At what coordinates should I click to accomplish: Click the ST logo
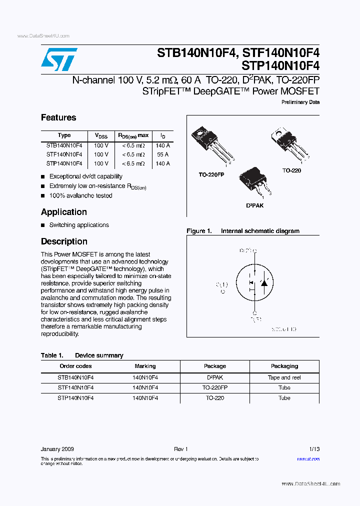coord(59,60)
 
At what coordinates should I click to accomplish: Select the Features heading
coord(58,117)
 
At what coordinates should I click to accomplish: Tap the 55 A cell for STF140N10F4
coord(162,154)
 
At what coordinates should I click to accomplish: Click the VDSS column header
coord(101,136)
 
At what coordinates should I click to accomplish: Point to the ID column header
coord(162,136)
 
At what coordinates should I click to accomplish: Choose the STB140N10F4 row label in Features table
coord(64,145)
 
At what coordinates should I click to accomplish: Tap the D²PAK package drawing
coord(253,182)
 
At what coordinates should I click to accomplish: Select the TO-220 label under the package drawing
coord(291,170)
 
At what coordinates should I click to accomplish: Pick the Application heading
coord(64,212)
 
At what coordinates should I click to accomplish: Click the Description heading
coord(64,241)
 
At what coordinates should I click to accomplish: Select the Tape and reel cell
coord(284,378)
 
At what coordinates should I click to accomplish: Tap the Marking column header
coord(145,366)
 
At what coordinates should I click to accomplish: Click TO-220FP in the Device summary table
coord(215,387)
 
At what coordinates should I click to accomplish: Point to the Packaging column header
coord(284,366)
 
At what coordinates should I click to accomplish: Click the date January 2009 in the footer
coord(57,449)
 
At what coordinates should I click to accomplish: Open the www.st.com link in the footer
coord(308,458)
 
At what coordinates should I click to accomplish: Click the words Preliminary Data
coord(300,102)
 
